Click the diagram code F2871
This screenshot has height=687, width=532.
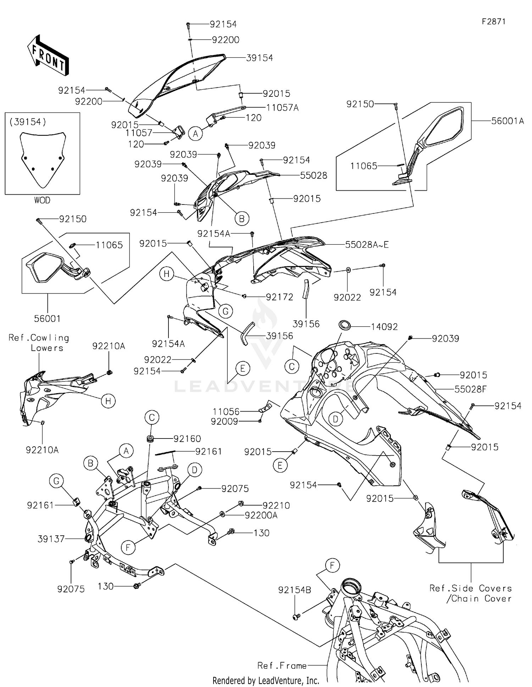(x=493, y=22)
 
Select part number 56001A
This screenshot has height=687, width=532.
(x=507, y=121)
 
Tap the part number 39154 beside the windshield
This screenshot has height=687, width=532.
(x=260, y=58)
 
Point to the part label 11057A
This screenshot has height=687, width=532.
(x=282, y=108)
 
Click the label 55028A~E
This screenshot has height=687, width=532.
(x=367, y=245)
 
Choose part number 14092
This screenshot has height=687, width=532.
(x=384, y=327)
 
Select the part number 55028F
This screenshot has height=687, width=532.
(x=470, y=389)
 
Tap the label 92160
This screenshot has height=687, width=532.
(x=187, y=439)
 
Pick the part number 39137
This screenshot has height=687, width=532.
(x=51, y=539)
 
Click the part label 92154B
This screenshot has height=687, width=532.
(x=295, y=590)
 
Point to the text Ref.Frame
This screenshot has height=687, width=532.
(x=282, y=666)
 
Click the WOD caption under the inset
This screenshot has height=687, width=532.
(x=42, y=200)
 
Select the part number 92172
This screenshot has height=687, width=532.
(x=279, y=297)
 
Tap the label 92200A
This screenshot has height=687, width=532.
(x=261, y=515)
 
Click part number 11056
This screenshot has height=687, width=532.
(x=226, y=412)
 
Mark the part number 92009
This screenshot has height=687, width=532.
(x=224, y=421)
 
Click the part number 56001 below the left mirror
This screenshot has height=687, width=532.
(x=47, y=319)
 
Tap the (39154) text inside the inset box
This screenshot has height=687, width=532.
(x=28, y=122)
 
